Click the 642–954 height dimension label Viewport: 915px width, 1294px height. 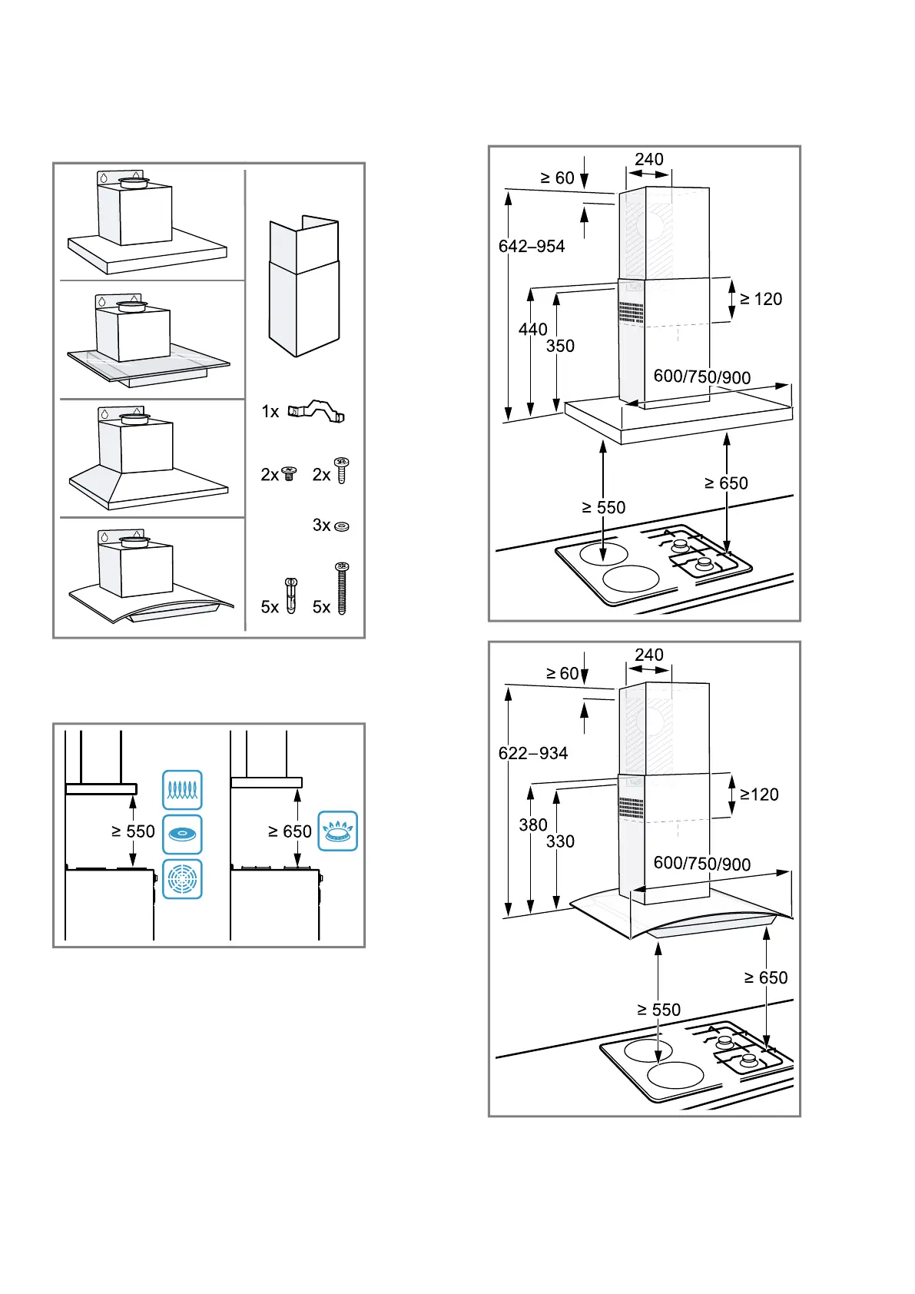531,247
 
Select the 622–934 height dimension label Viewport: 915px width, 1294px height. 532,753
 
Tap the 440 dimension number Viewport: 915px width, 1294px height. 532,330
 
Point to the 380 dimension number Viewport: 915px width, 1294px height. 532,825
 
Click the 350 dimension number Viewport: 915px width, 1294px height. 560,347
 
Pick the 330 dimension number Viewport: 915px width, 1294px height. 560,842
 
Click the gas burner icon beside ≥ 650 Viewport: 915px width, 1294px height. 338,831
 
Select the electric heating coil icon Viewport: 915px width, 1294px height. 183,790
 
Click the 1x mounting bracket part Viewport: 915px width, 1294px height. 317,412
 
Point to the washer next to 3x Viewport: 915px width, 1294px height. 342,526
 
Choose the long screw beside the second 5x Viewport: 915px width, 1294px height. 342,589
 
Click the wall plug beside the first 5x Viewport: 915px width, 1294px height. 290,596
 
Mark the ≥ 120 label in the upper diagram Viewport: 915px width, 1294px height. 761,300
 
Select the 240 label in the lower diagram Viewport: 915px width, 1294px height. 649,655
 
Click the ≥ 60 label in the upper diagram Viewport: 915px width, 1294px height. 557,178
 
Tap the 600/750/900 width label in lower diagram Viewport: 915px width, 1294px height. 701,864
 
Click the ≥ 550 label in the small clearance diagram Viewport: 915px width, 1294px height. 133,831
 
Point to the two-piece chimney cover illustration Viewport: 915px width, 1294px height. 304,287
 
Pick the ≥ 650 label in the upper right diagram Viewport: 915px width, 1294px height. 726,483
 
